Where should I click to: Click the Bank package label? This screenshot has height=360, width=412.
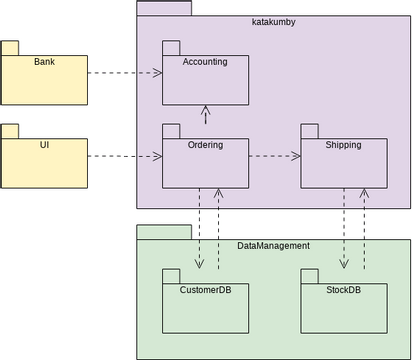(x=44, y=62)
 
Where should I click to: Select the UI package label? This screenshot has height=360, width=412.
(x=44, y=145)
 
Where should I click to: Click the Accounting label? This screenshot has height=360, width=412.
(x=205, y=62)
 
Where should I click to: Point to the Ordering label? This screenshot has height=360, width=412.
(x=205, y=145)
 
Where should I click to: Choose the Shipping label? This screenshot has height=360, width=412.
(x=343, y=145)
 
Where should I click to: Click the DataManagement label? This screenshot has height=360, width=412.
(x=273, y=245)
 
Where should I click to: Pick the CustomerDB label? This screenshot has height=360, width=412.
(x=205, y=291)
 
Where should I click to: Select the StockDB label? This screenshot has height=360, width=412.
(x=343, y=291)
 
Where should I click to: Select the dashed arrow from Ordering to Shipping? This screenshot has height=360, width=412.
(x=275, y=156)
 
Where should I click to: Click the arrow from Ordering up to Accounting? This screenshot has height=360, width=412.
(x=205, y=114)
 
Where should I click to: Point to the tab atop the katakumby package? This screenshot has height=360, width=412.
(x=164, y=8)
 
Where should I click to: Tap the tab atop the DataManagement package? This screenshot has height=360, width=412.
(x=164, y=232)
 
